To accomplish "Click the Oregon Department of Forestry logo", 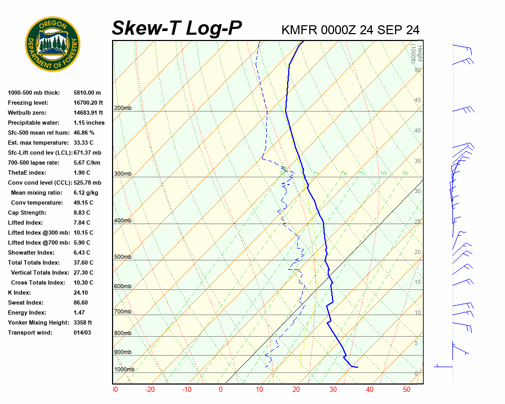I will pyautogui.click(x=53, y=44).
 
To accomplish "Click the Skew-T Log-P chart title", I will pyautogui.click(x=177, y=28).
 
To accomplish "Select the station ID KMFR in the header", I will pyautogui.click(x=299, y=30).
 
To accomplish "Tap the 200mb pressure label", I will pyautogui.click(x=123, y=108).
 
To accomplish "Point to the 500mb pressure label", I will pyautogui.click(x=123, y=257).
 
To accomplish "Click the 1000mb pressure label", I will pyautogui.click(x=124, y=369).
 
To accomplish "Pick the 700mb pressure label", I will pyautogui.click(x=123, y=312).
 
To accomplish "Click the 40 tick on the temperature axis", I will pyautogui.click(x=370, y=390).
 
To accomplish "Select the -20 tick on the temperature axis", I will pyautogui.click(x=150, y=390).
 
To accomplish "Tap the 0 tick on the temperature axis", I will pyautogui.click(x=221, y=390).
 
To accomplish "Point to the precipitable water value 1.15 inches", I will pyautogui.click(x=89, y=123).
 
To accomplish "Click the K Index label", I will pyautogui.click(x=19, y=293).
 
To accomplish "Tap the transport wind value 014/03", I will pyautogui.click(x=82, y=333).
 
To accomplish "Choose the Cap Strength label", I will pyautogui.click(x=27, y=213).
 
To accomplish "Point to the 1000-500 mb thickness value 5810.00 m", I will pyautogui.click(x=87, y=93).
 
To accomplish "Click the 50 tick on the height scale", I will pyautogui.click(x=417, y=70).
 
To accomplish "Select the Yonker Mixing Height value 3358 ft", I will pyautogui.click(x=83, y=323).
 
